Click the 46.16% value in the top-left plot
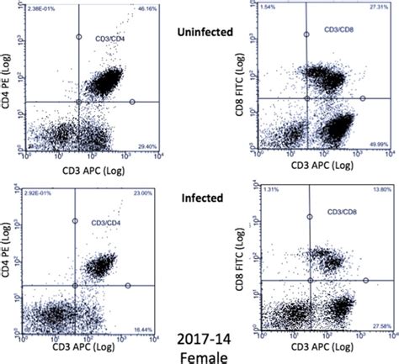coord(147,8)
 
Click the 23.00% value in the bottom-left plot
coord(146,195)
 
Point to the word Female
coord(201,357)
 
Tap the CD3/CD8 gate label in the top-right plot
coord(323,34)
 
